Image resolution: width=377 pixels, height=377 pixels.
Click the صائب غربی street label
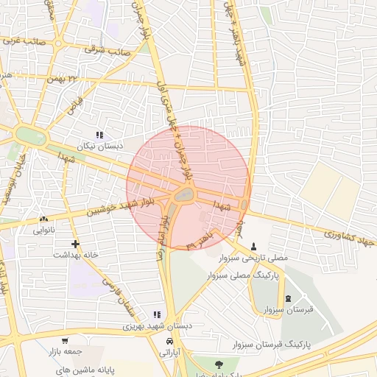pos(25,42)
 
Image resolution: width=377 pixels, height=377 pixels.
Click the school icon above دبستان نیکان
pos(99,134)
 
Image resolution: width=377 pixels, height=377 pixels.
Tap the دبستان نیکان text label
pos(99,147)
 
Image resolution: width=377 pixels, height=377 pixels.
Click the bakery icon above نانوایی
pos(43,219)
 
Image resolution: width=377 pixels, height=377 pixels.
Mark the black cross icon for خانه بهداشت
pos(74,243)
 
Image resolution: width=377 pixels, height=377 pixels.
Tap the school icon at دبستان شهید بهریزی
pos(156,314)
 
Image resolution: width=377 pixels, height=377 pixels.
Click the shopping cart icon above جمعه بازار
pos(65,341)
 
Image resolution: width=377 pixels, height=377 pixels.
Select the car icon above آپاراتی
pos(170,342)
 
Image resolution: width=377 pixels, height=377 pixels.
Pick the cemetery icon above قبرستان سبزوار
pos(287,298)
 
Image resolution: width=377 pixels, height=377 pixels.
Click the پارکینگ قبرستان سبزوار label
pos(273,344)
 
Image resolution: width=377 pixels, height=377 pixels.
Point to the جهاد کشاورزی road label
pos(350,238)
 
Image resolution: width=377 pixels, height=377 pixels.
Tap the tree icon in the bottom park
pos(219,364)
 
